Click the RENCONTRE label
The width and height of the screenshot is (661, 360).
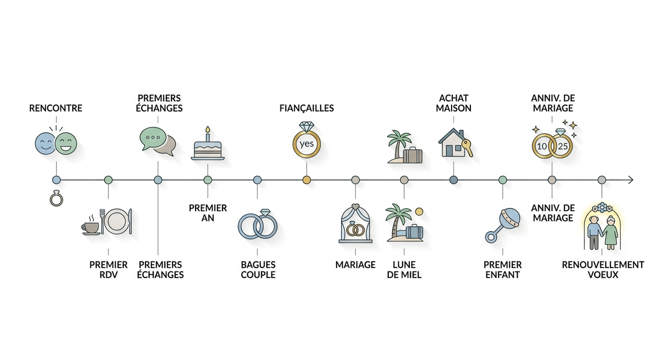56,108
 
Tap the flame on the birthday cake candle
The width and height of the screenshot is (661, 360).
208,130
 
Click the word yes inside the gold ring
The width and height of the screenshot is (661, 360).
307,144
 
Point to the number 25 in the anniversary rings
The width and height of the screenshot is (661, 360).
563,146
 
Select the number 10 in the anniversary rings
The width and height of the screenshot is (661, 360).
542,146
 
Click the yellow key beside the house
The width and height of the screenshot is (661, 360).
467,148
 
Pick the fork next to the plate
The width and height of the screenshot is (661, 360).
102,221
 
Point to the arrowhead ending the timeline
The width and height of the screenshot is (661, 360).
631,180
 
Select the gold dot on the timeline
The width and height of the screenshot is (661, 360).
307,180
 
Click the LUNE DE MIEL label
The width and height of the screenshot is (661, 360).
404,270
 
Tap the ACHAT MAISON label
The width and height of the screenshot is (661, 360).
453,103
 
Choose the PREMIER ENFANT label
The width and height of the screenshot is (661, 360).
502,270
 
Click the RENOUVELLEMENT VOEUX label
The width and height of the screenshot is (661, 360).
603,270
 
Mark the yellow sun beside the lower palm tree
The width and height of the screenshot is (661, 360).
419,211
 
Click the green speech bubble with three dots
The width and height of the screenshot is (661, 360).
153,138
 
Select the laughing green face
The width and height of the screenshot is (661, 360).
66,144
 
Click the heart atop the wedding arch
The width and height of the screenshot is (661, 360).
356,206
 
